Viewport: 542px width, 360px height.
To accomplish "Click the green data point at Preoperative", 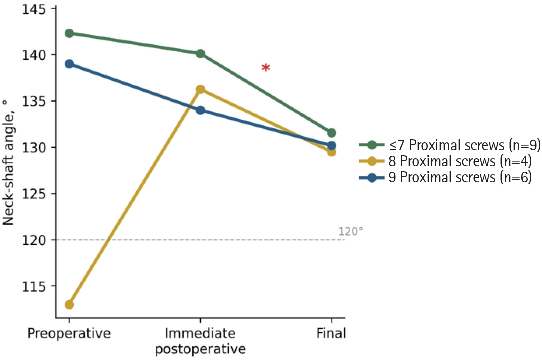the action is pos(69,33).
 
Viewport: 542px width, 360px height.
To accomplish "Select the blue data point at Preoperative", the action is pos(69,64).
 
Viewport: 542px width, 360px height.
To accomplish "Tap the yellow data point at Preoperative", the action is pos(69,305).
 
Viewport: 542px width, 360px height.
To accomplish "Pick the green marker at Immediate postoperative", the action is pos(200,54).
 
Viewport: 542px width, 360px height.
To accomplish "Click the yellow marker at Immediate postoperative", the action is pos(200,90).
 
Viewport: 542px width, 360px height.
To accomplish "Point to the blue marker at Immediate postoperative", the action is pos(200,110).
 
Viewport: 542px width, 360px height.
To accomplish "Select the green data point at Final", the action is pos(332,133).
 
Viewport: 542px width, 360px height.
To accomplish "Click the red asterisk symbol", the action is pos(265,68).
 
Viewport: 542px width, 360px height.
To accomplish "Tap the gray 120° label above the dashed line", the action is pos(351,232).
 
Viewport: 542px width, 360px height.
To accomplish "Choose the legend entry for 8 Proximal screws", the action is pos(445,161).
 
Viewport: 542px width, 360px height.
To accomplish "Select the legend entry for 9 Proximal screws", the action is pos(445,177).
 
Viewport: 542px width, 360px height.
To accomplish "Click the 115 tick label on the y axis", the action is pos(34,286).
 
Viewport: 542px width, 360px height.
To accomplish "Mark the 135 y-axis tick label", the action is pos(34,101).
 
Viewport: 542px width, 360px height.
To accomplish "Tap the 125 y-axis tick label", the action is pos(34,194).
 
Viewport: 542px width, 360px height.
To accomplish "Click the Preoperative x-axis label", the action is pos(69,334).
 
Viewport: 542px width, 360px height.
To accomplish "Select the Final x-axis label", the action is pos(331,334).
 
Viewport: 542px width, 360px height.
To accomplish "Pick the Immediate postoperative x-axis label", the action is pos(200,341).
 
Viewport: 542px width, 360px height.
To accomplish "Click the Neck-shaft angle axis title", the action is pos(8,162).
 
